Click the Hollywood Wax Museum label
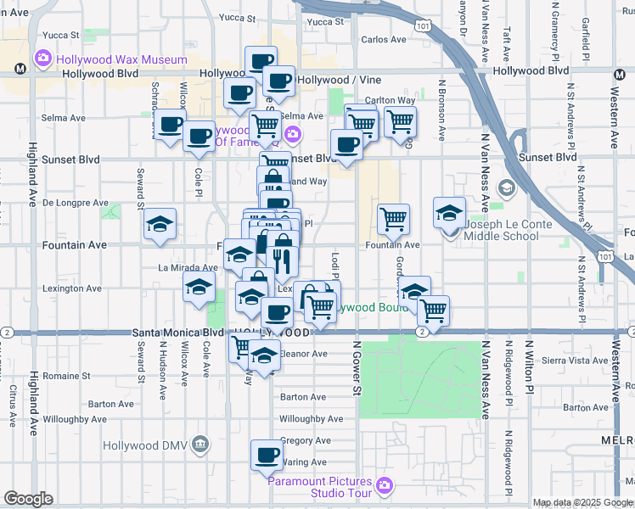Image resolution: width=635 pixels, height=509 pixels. click(121, 59)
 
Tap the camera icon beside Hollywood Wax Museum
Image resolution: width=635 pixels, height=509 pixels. click(42, 59)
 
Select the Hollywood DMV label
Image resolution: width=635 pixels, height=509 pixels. click(143, 445)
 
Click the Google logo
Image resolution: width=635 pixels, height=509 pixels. click(28, 499)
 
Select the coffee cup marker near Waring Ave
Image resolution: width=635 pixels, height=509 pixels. click(267, 456)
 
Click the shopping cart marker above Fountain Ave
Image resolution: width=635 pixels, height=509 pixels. click(393, 220)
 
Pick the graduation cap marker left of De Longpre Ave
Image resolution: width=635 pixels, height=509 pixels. click(160, 224)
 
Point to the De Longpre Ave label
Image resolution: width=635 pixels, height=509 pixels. click(76, 204)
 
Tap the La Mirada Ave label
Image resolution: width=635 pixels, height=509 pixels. click(188, 267)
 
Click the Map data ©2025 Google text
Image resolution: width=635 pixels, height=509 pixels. click(583, 503)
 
